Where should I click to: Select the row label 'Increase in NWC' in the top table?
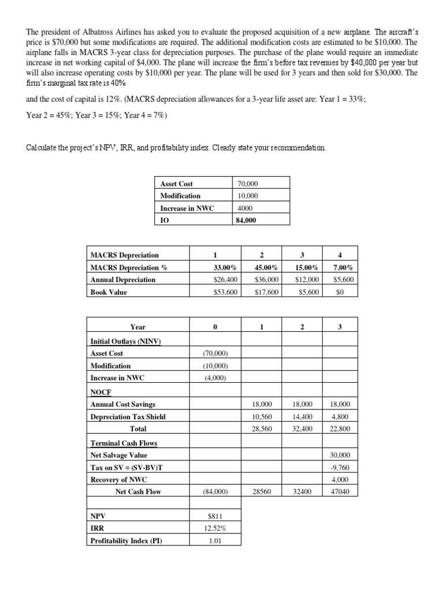click(187, 208)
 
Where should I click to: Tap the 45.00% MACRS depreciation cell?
click(265, 267)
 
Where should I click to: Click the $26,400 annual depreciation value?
click(225, 280)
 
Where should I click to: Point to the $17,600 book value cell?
click(265, 292)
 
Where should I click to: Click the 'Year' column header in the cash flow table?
click(138, 327)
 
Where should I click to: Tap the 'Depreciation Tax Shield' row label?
click(128, 416)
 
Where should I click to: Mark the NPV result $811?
click(214, 516)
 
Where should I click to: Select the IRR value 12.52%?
click(214, 528)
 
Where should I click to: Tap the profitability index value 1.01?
click(214, 541)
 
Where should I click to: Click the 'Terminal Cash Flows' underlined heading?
click(124, 443)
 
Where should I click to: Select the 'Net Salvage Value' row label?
click(119, 455)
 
